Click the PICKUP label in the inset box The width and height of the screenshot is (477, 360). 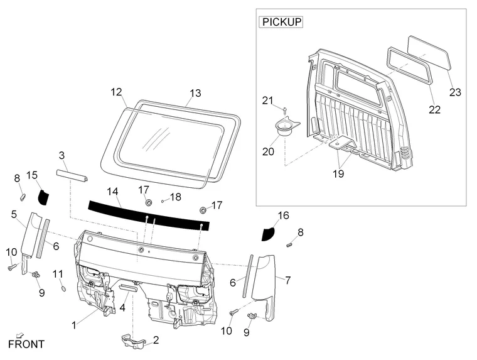(x=281, y=22)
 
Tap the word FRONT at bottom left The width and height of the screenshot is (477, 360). (x=26, y=344)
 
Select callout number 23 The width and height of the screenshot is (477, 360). (x=455, y=92)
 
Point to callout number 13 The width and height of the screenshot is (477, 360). (x=195, y=93)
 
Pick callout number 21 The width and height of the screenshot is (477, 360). (x=268, y=101)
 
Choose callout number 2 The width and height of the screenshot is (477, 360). (x=156, y=340)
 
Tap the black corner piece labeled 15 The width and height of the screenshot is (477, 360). (x=43, y=196)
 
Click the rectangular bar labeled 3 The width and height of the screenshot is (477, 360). (x=72, y=175)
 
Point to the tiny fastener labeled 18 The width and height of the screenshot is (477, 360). (x=163, y=200)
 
